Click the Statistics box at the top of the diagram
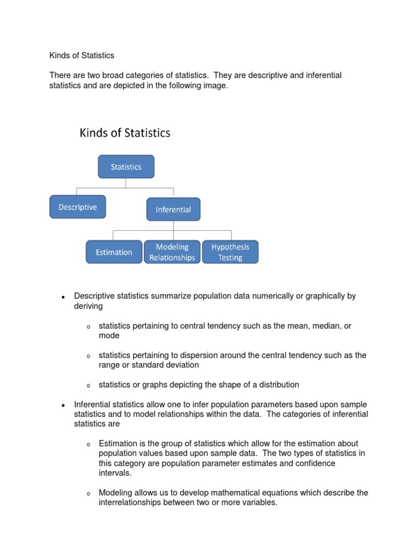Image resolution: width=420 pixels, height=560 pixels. pos(126,167)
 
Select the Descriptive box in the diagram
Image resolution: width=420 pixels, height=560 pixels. pos(78,207)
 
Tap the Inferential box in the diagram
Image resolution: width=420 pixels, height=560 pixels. pos(173,209)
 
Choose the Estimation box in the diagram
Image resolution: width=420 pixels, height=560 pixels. pos(114,252)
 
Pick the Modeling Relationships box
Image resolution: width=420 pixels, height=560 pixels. pos(172,252)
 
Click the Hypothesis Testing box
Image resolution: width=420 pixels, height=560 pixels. pos(230,252)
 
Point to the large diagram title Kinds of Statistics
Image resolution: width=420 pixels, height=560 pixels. pos(125,133)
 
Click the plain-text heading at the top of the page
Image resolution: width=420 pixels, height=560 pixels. pos(82,56)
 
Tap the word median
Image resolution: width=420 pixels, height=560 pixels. pos(324,326)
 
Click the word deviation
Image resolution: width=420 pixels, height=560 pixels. pos(181,365)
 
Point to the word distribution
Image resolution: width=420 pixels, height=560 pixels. pos(277,384)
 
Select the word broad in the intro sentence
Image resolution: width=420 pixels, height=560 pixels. pos(123,75)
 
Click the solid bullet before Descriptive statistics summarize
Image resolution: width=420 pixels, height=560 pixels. pos(63,297)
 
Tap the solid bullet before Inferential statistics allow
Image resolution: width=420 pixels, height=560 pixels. pos(63,405)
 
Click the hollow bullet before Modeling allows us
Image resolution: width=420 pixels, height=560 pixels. pos(88,494)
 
